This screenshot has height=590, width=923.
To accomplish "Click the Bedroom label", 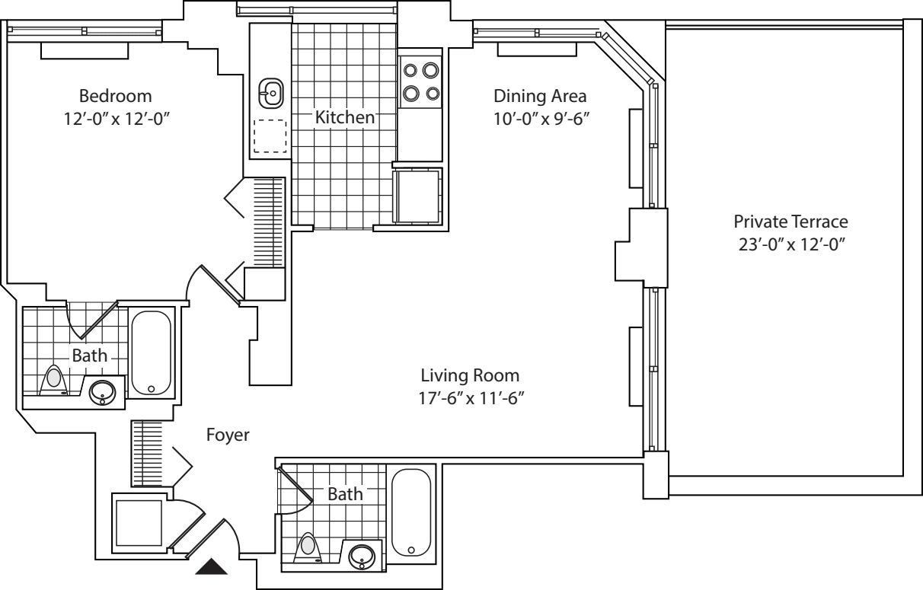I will pos(115,97).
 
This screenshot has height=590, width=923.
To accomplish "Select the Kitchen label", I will pos(345,118).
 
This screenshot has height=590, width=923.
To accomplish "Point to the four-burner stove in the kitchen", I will pos(421,81).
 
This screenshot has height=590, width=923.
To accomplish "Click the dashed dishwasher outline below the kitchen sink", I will pos(270,137).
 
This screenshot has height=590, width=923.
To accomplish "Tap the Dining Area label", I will pos(540,97).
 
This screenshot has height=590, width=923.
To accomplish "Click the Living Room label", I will pos(470,375).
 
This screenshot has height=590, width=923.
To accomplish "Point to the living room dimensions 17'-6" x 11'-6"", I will pos(470,397).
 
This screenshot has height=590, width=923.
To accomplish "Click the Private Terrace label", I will pos(790,222).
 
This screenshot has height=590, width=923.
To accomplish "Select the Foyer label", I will pos(228,435).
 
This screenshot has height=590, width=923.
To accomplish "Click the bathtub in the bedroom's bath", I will pos(152,352).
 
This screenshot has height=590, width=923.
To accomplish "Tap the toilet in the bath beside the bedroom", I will pos(54,380).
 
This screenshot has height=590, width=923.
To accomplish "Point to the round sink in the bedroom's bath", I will pos(102,392).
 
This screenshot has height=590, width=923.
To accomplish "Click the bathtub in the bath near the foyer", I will pos(411,512).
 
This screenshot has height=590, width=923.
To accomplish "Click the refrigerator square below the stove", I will pos(416,196).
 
